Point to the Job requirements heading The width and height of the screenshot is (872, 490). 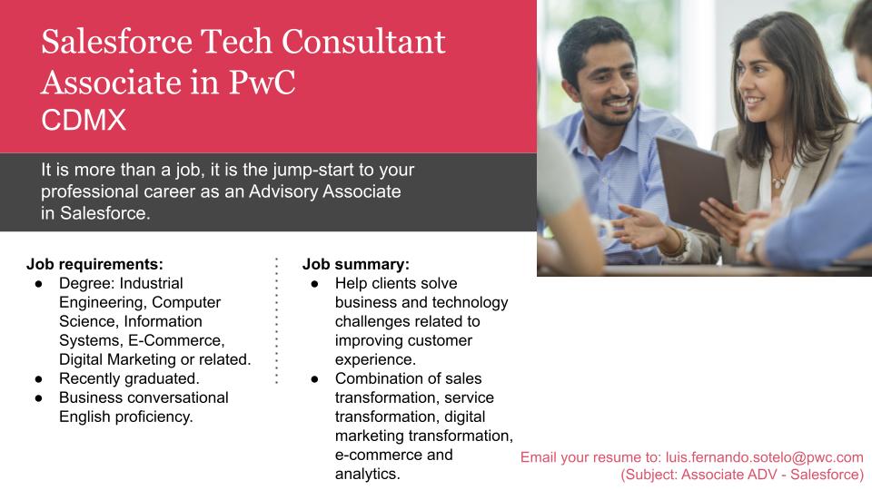pos(94,265)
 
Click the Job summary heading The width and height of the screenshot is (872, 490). pos(355,265)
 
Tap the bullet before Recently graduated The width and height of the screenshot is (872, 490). pos(39,378)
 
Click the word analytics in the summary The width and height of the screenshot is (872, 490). pos(367,474)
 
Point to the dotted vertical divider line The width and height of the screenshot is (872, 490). pos(275,321)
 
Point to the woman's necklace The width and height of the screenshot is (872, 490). pos(778,177)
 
